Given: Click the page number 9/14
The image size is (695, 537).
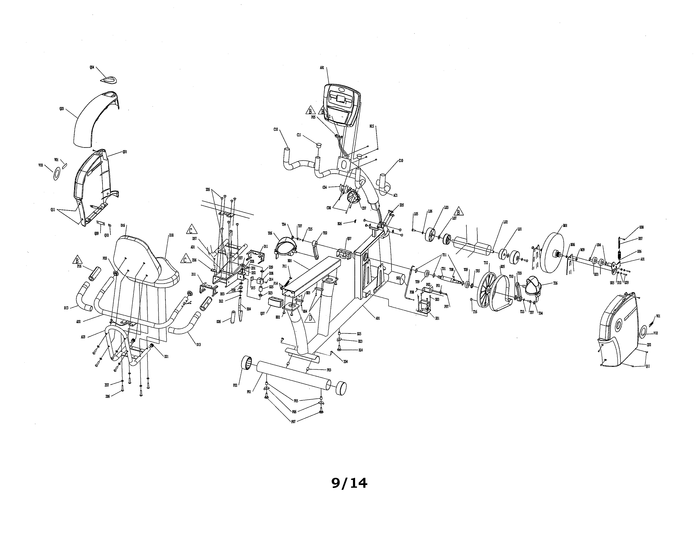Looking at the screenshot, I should click(x=349, y=483).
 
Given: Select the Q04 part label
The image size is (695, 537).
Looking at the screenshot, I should click(x=92, y=67).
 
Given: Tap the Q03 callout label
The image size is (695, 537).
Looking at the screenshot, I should click(x=61, y=109).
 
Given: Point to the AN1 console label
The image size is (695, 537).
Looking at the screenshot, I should click(x=322, y=68).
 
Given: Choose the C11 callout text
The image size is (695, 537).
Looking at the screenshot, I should click(x=299, y=135).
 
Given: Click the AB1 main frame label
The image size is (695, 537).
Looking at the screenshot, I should click(x=378, y=318).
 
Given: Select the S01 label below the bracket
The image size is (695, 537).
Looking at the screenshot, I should click(x=437, y=318).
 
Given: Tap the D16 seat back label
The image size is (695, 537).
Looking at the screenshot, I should click(x=123, y=226).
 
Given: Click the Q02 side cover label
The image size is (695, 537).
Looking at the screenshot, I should click(x=649, y=345).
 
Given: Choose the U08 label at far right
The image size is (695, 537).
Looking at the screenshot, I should click(x=641, y=227).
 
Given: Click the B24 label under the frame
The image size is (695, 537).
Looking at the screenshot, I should click(x=361, y=350).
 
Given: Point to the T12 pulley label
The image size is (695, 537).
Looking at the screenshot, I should click(x=486, y=263).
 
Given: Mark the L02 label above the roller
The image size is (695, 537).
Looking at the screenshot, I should click(x=505, y=222).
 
